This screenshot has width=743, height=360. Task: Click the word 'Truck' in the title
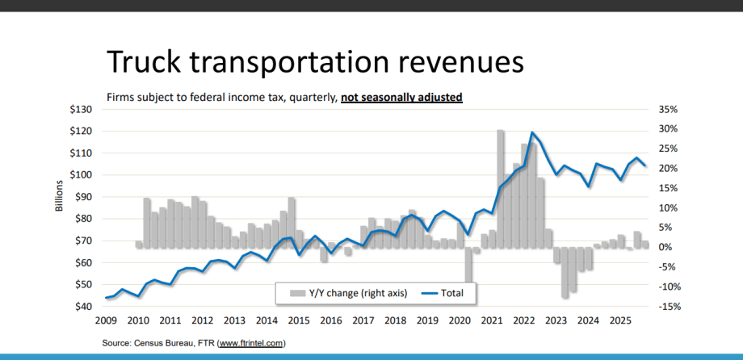[151, 62]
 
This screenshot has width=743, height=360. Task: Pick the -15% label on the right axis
[673, 307]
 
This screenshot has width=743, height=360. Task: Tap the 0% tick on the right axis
[668, 247]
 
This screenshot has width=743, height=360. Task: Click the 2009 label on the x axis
[106, 320]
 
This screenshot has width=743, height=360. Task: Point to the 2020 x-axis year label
[460, 320]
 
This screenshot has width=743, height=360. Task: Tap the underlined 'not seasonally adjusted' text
[401, 98]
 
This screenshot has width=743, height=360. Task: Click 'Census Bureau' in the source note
[162, 343]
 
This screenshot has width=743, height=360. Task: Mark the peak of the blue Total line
[532, 132]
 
